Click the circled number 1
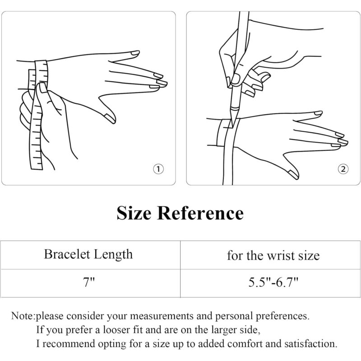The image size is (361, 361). point(158,169)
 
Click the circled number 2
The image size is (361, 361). point(343,169)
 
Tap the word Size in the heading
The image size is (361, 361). point(134,213)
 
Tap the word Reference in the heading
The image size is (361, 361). point(200,213)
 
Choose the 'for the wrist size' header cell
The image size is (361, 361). point(273,256)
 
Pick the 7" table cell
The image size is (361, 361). point(88,283)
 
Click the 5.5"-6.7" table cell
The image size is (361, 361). point(273,283)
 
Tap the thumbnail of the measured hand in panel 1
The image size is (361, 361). point(109,118)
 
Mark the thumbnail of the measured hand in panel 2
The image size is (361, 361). point(292,174)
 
